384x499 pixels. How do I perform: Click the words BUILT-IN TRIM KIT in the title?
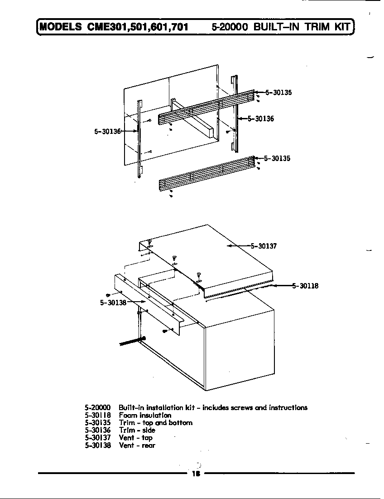[x=302, y=27]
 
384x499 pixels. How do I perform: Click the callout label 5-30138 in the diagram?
[x=113, y=303]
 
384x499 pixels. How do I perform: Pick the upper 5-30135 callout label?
[x=278, y=93]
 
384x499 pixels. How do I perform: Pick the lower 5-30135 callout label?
[x=277, y=159]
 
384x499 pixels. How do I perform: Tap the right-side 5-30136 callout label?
[x=260, y=119]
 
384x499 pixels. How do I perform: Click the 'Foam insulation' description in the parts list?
[x=145, y=415]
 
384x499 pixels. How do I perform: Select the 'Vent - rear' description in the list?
[x=137, y=445]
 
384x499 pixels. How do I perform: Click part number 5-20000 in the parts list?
[x=97, y=407]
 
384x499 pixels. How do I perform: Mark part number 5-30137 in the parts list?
[x=97, y=438]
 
